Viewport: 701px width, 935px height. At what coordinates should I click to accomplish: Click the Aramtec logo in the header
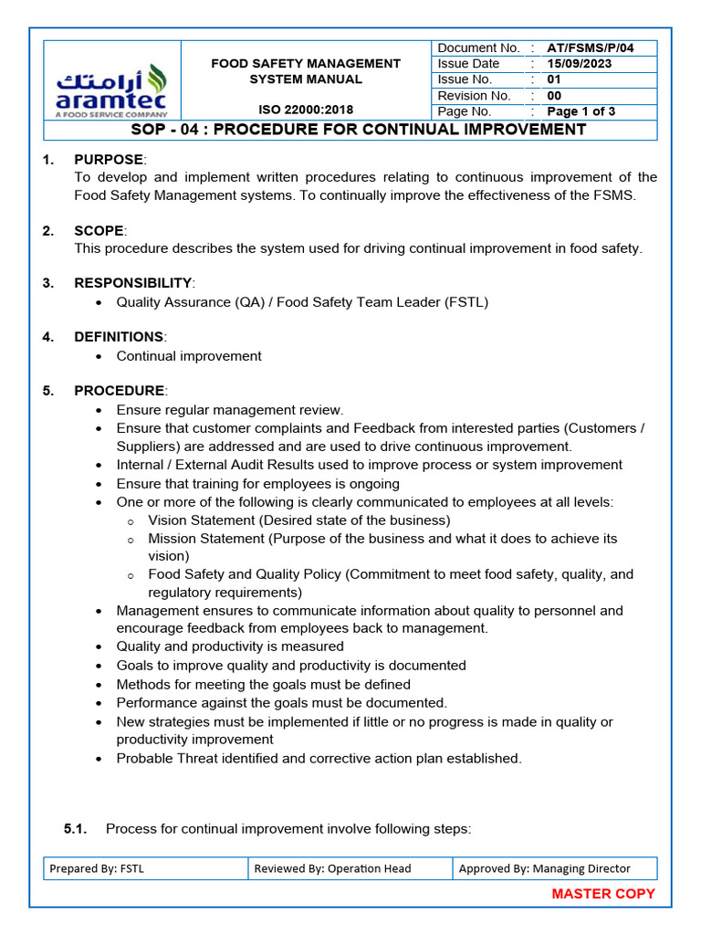pos(111,89)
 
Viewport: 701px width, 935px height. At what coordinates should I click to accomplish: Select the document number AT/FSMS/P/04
pos(590,47)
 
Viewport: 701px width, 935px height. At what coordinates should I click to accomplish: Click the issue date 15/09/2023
pos(579,64)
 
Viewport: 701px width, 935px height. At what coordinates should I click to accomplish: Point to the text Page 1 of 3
pos(581,111)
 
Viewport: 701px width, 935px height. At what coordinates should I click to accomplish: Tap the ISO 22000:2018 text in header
pos(306,110)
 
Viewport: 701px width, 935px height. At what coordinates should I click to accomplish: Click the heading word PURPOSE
pos(109,160)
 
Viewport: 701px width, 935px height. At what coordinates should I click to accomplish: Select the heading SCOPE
pos(99,231)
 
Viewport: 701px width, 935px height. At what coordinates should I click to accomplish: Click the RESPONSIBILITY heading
pos(133,283)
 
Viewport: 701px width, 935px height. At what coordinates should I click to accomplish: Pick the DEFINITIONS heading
pos(119,337)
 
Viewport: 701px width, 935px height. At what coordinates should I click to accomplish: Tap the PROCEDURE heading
pos(119,391)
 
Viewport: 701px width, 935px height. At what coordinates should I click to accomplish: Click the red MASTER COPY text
pos(603,894)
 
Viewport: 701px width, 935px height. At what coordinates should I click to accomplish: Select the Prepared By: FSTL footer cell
pos(146,868)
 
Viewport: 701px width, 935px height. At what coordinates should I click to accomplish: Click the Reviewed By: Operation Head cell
pos(350,868)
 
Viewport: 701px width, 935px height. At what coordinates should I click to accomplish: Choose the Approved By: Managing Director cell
pos(554,868)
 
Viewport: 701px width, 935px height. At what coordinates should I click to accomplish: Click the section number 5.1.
pos(75,829)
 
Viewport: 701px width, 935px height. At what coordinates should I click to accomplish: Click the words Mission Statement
pos(206,539)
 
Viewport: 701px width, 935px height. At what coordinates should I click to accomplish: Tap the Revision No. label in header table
pos(474,96)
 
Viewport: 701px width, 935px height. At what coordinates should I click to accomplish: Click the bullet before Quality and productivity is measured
pos(99,647)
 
